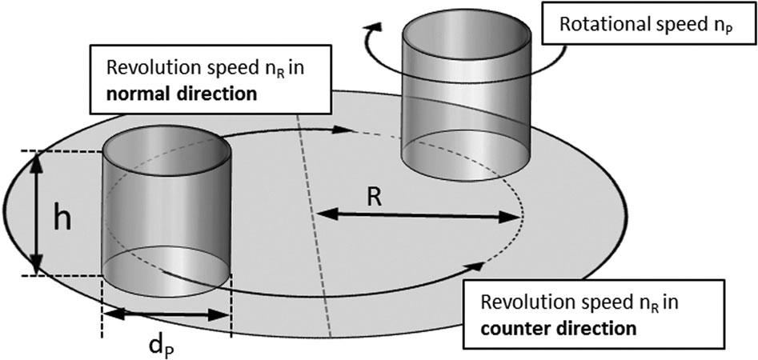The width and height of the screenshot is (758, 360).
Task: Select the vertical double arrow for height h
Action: (36, 212)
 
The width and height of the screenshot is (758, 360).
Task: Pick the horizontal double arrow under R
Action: (416, 214)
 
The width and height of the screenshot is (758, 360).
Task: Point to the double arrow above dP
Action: (166, 314)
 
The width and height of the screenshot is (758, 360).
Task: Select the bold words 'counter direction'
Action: (557, 328)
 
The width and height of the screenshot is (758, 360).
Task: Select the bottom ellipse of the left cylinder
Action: (166, 276)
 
